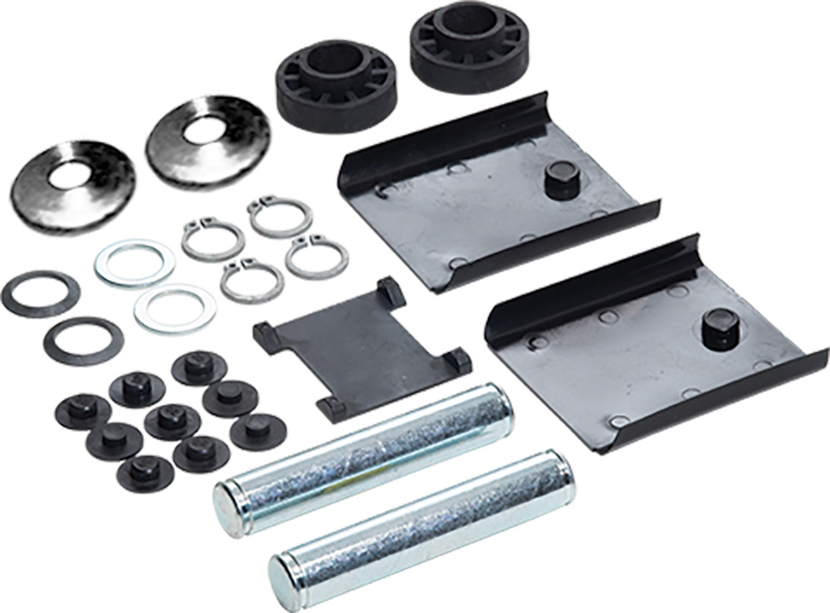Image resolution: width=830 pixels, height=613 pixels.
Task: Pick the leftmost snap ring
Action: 212,239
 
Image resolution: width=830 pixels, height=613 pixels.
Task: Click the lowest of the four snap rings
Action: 251,281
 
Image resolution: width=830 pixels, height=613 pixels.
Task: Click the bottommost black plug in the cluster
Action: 145,471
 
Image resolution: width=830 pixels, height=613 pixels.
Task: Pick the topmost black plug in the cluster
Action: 198,366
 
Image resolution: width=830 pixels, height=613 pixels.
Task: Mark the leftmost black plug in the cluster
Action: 82,410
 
